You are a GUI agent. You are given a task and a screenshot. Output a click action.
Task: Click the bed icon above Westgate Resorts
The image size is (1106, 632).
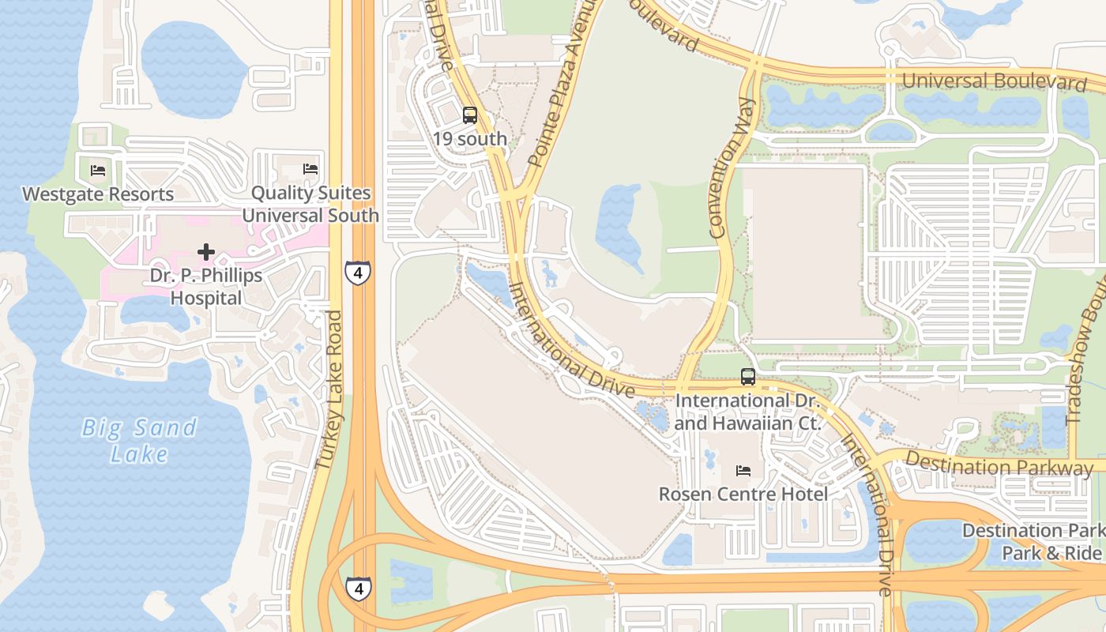pos(98,170)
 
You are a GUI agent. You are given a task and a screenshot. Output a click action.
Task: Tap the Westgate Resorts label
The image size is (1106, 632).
pos(98,194)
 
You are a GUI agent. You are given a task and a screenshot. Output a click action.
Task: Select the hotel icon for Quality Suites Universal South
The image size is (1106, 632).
pos(310,169)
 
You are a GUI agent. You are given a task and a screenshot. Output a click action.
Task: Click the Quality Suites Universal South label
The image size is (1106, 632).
pos(310,205)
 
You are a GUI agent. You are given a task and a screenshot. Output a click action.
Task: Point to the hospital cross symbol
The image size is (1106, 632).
pos(206,252)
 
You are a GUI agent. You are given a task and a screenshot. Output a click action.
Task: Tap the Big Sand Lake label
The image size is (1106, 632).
pos(140,440)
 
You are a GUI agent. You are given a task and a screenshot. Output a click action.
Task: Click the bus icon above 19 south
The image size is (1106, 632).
pos(470,115)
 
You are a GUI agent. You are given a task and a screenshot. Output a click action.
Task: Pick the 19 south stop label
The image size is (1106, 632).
pos(470,139)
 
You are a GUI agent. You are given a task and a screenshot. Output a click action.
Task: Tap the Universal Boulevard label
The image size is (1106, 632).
pos(994,81)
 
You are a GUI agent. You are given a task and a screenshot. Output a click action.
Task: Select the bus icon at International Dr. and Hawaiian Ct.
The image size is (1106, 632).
pos(748,377)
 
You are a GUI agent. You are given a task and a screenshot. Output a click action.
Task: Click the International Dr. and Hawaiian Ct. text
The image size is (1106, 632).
pos(748,412)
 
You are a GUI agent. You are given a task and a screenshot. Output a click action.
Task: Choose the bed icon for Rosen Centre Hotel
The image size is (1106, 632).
pos(743,471)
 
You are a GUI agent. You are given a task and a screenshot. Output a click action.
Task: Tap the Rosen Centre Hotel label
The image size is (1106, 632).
pos(743,495)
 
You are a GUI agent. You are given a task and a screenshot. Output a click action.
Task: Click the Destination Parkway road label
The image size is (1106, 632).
pos(999,465)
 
